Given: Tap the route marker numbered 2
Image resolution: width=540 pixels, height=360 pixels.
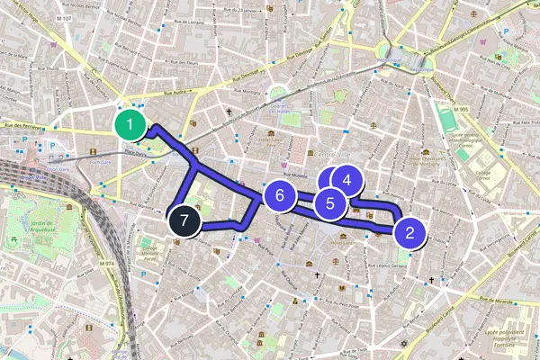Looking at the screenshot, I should pyautogui.click(x=410, y=233).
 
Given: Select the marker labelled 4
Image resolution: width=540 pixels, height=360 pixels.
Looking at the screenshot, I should pyautogui.click(x=346, y=180).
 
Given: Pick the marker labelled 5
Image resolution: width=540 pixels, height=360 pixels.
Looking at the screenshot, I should pyautogui.click(x=330, y=203).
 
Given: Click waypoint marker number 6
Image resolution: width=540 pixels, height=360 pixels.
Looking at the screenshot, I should pyautogui.click(x=280, y=194).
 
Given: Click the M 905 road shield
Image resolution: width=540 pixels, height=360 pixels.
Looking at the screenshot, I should pyautogui.click(x=463, y=109).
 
